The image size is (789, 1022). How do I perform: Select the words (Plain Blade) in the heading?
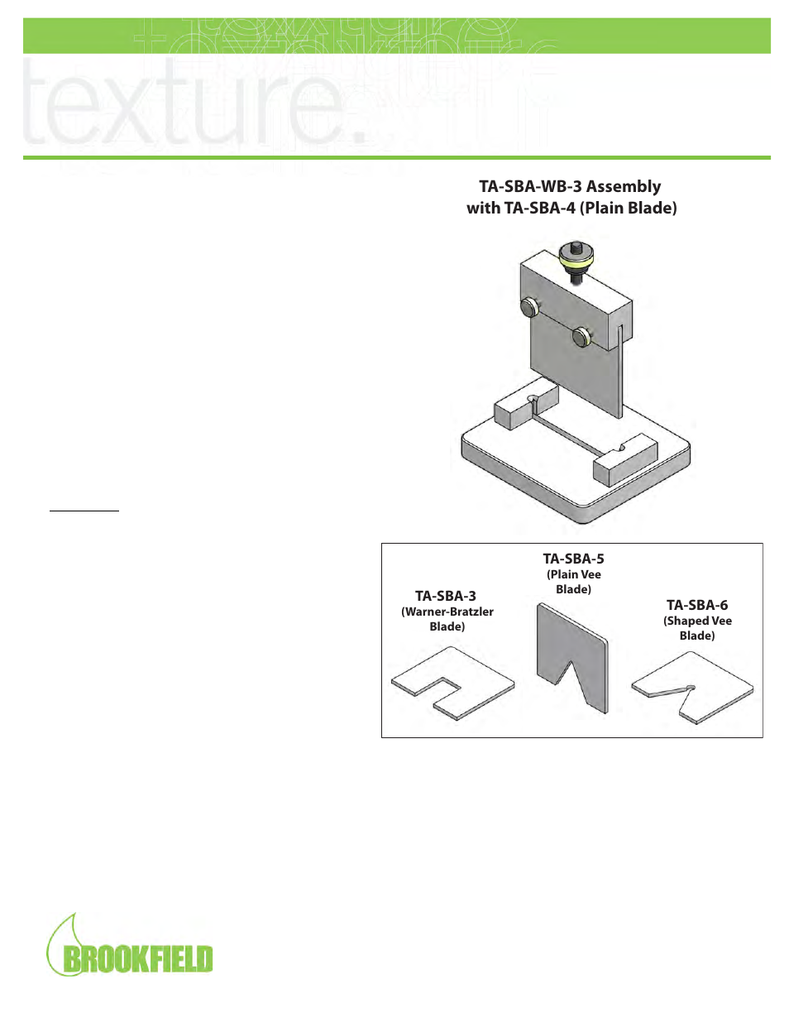628,209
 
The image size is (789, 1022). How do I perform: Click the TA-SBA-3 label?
446,596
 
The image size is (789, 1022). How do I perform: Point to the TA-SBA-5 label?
573,559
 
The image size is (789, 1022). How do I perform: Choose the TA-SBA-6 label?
697,605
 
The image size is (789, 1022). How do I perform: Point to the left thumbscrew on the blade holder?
530,309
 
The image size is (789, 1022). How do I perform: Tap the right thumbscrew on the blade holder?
582,337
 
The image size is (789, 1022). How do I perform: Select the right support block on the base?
624,460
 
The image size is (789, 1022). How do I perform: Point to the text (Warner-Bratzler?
447,612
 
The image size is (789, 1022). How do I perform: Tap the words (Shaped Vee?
697,621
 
